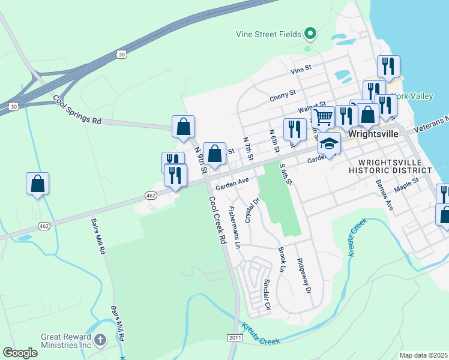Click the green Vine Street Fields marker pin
pos(310,33)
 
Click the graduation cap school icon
pos(329,142)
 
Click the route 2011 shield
pos(235,338)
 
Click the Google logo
pos(20,353)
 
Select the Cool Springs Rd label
pos(77,109)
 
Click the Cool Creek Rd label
pos(217,220)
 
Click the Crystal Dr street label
pos(250,211)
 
